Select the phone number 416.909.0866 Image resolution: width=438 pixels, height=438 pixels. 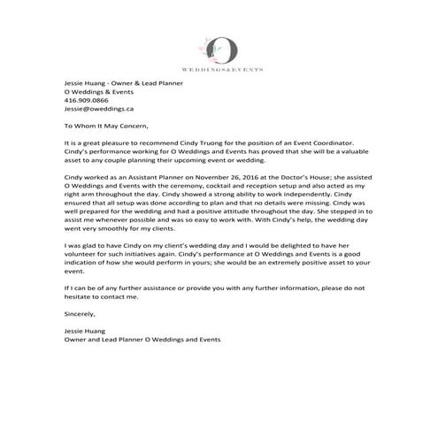click(x=85, y=100)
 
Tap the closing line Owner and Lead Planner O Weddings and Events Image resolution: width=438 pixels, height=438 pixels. click(x=142, y=339)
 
